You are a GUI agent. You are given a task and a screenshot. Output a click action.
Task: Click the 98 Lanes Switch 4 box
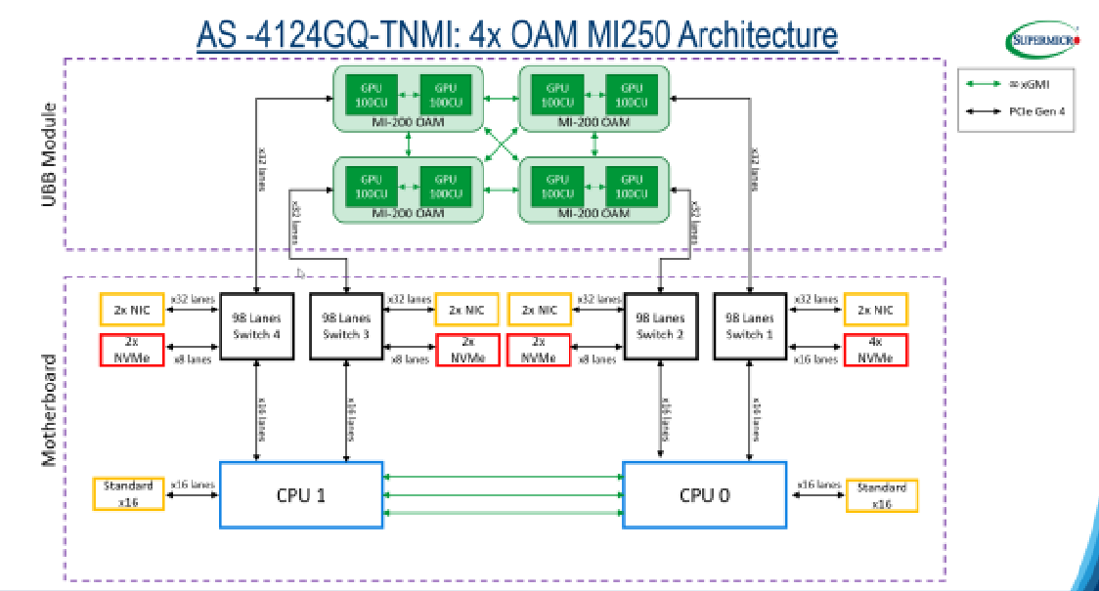tap(255, 325)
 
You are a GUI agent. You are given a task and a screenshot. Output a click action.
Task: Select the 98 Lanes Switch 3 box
tap(347, 325)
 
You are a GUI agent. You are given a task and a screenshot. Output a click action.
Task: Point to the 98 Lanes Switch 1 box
tap(750, 325)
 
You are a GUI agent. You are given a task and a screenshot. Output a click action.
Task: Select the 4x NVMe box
tap(875, 351)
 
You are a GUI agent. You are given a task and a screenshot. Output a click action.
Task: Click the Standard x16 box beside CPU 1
tap(129, 494)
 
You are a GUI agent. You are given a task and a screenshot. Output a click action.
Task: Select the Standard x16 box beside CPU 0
tap(882, 494)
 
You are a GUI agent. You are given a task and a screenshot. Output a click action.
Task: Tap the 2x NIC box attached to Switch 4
tap(132, 310)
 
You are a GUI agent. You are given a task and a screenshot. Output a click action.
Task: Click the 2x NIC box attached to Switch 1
tap(875, 310)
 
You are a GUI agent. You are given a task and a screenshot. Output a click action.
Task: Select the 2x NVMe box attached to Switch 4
tap(132, 351)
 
